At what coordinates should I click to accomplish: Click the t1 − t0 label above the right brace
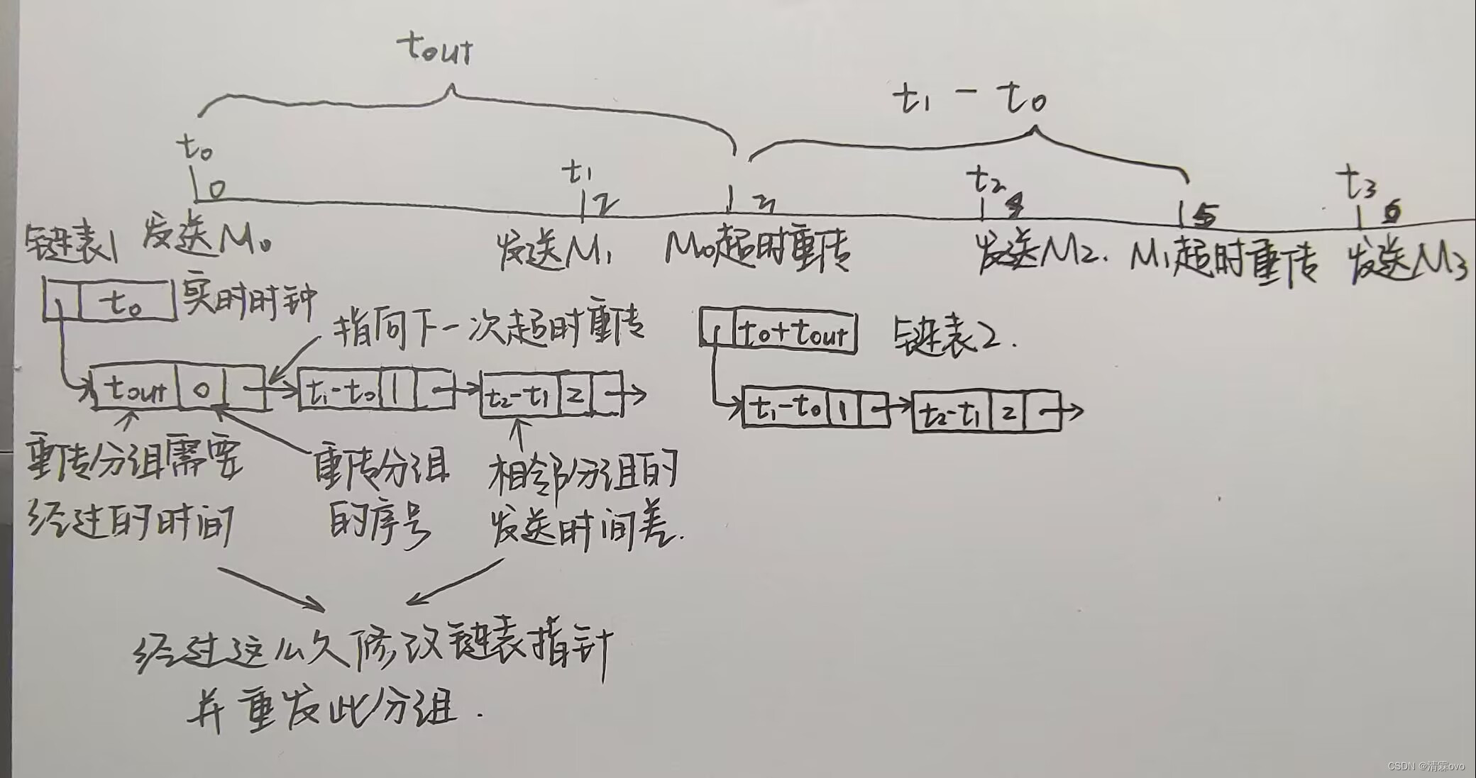click(969, 99)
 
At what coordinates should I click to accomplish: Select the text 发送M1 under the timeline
click(554, 252)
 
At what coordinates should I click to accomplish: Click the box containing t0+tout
click(793, 332)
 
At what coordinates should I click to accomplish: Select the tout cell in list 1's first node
click(135, 389)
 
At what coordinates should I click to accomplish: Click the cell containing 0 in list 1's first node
click(202, 389)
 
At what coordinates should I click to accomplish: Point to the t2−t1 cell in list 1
click(520, 395)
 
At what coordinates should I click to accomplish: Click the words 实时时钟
click(248, 301)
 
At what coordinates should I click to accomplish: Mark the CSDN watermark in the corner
click(1425, 766)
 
